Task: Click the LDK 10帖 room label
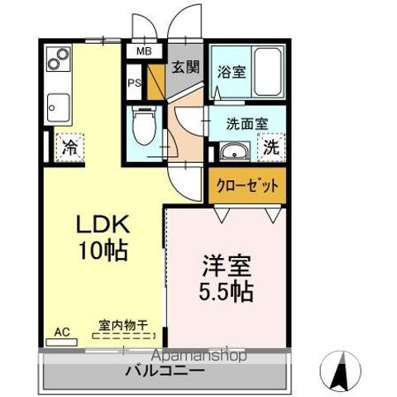point(103,237)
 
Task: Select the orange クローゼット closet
point(246,184)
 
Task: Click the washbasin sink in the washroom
point(233,152)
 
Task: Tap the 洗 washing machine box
point(270,150)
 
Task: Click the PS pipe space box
point(134,83)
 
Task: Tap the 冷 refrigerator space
point(69,149)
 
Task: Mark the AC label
point(62,332)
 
